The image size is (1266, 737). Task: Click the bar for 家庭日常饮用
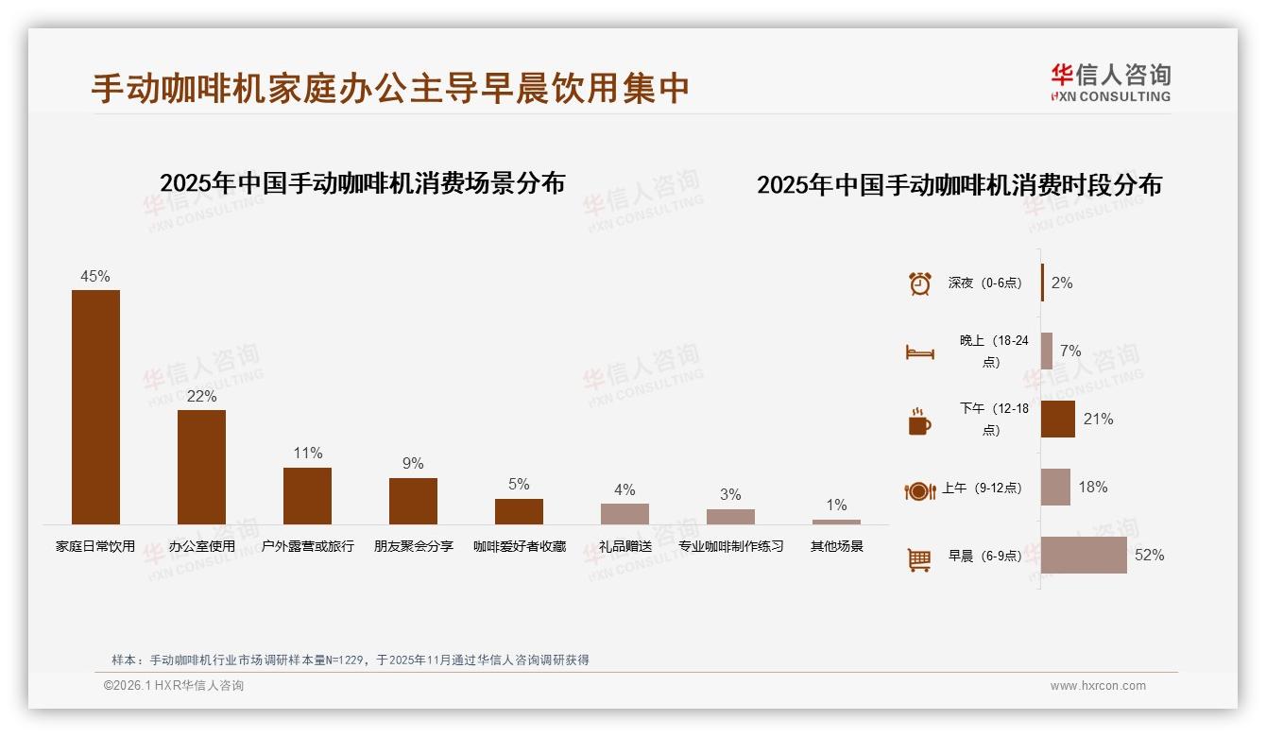click(x=95, y=406)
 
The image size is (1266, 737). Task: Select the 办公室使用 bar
click(x=201, y=467)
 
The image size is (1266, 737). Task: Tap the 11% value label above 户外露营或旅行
click(x=308, y=453)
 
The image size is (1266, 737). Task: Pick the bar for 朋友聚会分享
click(x=413, y=501)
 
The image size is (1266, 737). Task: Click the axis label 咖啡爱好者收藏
click(x=520, y=546)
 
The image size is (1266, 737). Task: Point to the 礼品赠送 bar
click(x=624, y=513)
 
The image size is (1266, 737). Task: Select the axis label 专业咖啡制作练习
click(x=730, y=546)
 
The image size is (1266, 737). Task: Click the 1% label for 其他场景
click(x=836, y=505)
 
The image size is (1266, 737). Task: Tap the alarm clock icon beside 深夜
click(x=919, y=283)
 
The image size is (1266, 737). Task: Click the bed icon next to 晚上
click(x=919, y=352)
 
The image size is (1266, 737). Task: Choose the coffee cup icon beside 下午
click(x=919, y=421)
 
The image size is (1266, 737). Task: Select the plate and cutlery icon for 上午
click(x=919, y=490)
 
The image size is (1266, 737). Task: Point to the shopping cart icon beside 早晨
click(x=919, y=559)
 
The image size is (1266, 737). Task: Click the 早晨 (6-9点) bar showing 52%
click(x=1084, y=555)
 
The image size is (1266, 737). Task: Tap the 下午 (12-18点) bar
click(x=1057, y=419)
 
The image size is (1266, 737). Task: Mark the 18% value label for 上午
click(x=1093, y=487)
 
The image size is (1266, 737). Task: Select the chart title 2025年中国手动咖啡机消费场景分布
click(x=362, y=182)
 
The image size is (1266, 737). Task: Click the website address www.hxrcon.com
click(x=1098, y=686)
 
